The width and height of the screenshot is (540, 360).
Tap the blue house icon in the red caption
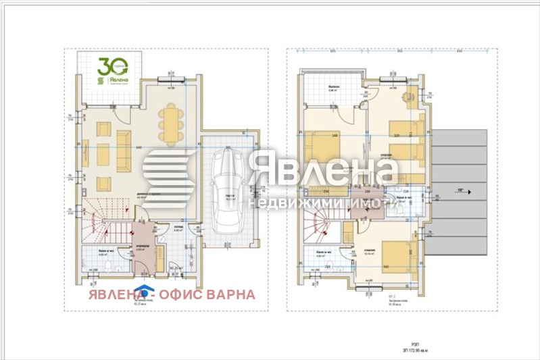pyautogui.click(x=141, y=292)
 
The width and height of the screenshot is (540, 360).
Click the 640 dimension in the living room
pyautogui.click(x=138, y=147)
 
